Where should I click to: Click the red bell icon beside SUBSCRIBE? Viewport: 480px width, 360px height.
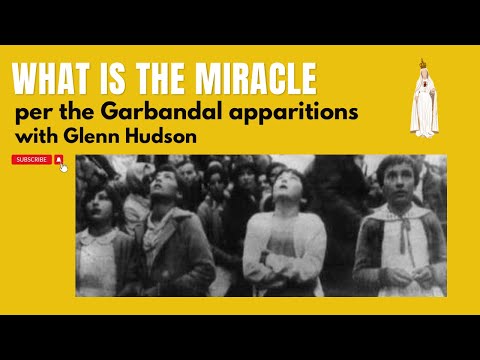(60, 159)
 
